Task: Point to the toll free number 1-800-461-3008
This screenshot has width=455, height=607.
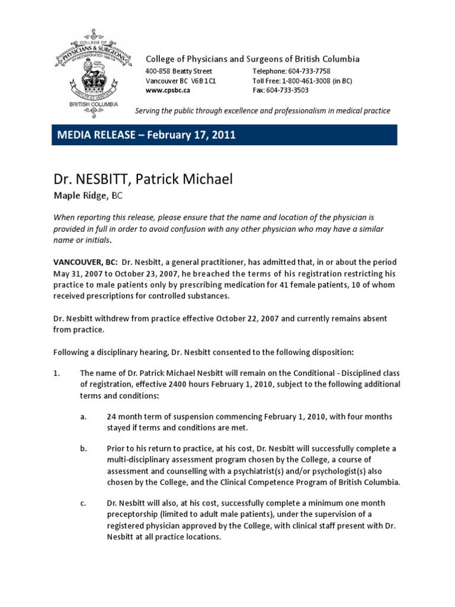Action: (x=312, y=81)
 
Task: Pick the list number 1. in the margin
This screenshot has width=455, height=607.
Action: (x=57, y=373)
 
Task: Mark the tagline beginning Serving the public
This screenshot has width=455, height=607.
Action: (x=262, y=111)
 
